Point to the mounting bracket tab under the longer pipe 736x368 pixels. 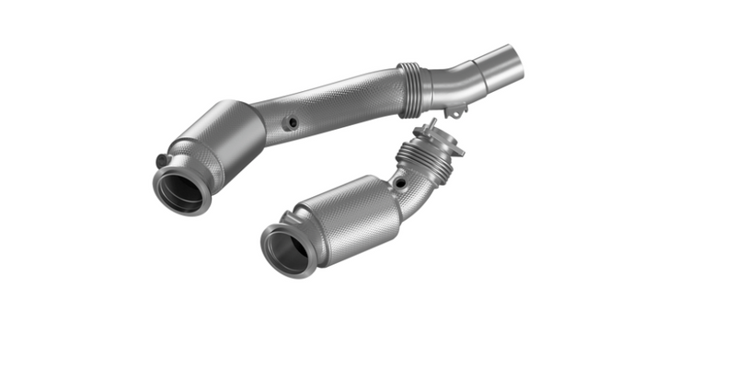455,110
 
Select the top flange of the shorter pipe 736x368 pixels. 440,140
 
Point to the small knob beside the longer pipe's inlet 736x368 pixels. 162,159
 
